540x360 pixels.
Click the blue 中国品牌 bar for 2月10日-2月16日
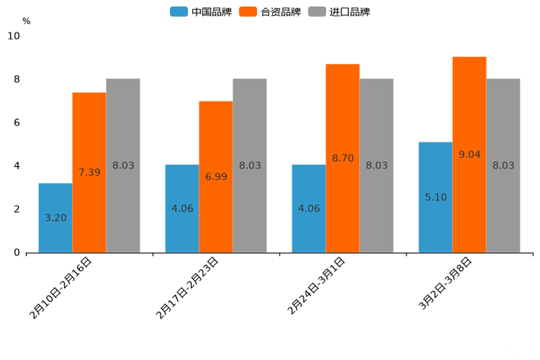[x=55, y=218]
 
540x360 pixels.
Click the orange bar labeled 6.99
[x=216, y=177]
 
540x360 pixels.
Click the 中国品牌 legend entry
[x=201, y=12]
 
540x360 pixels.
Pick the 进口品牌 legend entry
[x=339, y=12]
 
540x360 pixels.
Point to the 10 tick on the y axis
[x=14, y=36]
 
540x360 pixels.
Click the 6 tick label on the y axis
[x=17, y=123]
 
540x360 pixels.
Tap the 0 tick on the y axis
[x=17, y=253]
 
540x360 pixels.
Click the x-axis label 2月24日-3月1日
[x=316, y=286]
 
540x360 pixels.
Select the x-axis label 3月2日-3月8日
[x=446, y=285]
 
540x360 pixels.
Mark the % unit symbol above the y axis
[x=26, y=21]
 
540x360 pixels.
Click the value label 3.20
[x=55, y=218]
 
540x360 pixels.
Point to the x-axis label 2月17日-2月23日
[x=187, y=288]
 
